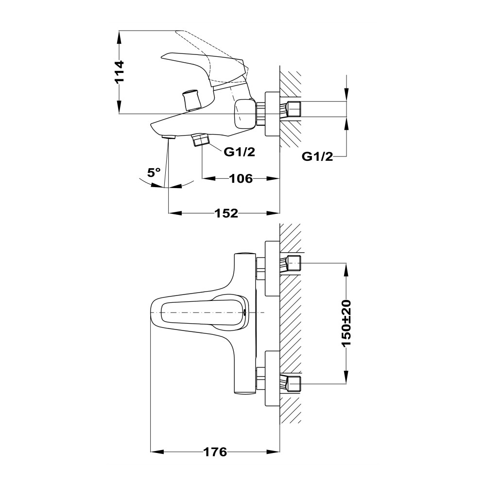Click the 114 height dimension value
click(x=120, y=72)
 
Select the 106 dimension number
click(x=241, y=178)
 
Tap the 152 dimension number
click(x=226, y=213)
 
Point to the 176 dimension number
click(x=215, y=452)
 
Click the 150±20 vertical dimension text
click(x=346, y=323)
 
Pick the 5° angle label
click(x=154, y=172)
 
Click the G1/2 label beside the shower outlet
click(x=239, y=152)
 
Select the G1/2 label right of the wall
click(x=317, y=157)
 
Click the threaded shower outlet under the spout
click(x=201, y=140)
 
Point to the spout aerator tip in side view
click(x=169, y=137)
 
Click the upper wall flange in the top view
click(x=273, y=269)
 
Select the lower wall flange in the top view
click(x=273, y=379)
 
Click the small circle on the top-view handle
click(x=245, y=312)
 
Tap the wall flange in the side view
click(x=273, y=113)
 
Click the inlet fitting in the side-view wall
click(x=291, y=110)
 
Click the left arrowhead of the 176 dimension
click(x=157, y=452)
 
